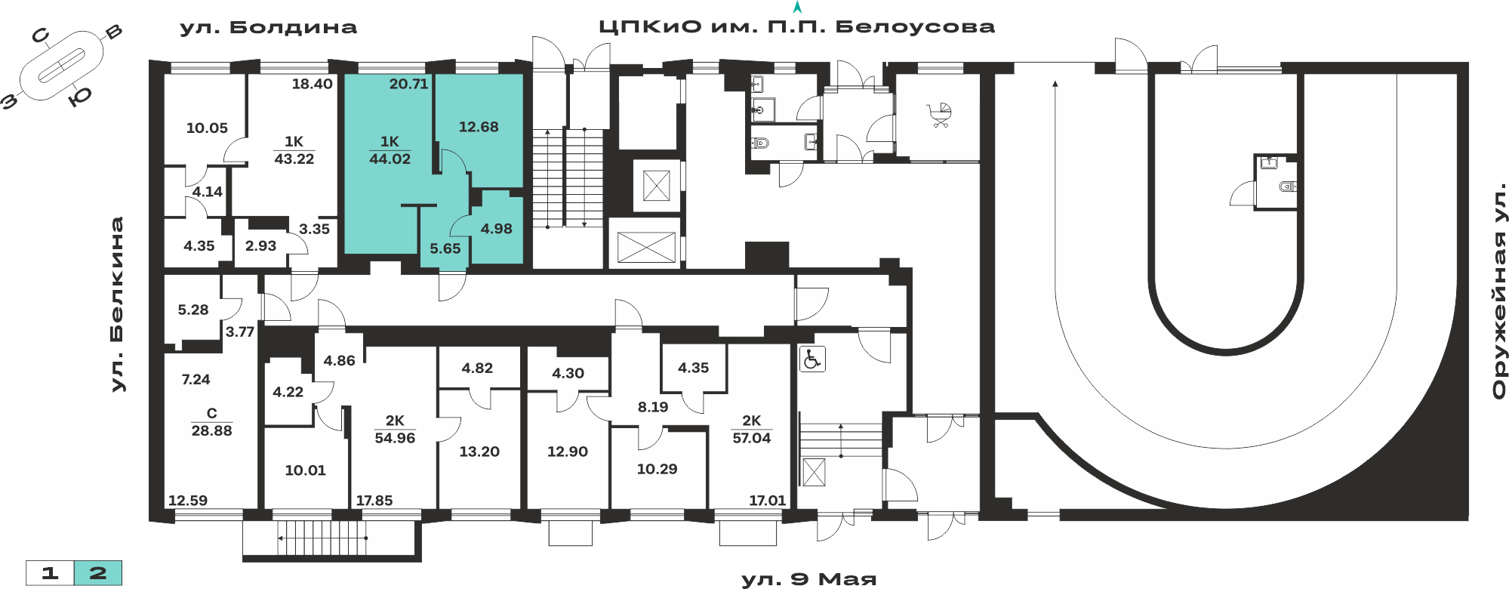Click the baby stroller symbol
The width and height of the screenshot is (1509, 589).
(x=939, y=116)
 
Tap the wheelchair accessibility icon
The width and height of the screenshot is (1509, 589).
(x=812, y=359)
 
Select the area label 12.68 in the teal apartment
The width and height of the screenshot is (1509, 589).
(x=479, y=127)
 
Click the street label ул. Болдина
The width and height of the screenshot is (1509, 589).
(x=268, y=28)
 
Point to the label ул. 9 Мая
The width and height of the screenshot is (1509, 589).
(x=809, y=579)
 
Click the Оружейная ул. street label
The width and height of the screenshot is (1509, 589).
(x=1500, y=290)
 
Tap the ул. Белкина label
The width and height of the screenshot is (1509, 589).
(x=117, y=304)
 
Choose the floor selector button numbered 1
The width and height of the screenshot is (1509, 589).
(x=50, y=573)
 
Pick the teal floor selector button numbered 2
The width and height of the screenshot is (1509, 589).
(x=98, y=573)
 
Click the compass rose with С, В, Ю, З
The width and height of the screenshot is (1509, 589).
(x=62, y=66)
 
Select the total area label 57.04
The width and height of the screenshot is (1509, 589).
(x=751, y=438)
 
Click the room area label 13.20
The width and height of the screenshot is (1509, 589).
(x=479, y=452)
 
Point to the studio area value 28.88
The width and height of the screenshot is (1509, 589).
(x=211, y=430)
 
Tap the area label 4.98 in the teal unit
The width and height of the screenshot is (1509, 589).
(x=496, y=229)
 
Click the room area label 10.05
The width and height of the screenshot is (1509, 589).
(x=207, y=128)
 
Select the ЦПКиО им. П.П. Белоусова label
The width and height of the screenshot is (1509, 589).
(x=796, y=27)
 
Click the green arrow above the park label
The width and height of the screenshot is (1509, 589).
(x=796, y=8)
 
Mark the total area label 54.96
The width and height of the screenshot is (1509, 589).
(x=395, y=438)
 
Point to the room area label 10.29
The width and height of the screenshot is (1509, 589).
(x=657, y=469)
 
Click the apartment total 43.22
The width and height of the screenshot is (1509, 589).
(x=294, y=159)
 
